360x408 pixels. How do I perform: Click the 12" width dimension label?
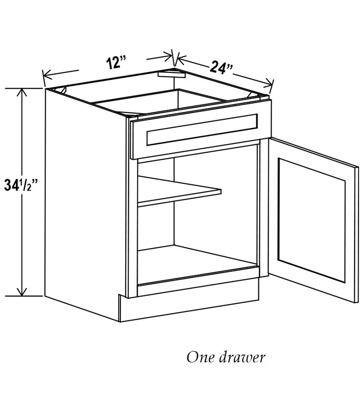coord(116,62)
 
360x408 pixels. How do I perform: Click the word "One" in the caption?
coord(199,357)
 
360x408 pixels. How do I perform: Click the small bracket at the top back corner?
coord(171,75)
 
